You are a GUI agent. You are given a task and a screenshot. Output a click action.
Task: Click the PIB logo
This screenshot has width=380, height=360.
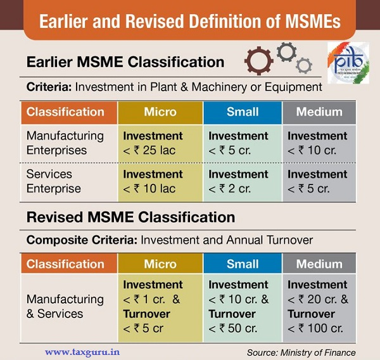coord(348,63)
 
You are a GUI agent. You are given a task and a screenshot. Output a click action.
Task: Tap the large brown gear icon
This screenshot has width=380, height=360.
coord(258,61)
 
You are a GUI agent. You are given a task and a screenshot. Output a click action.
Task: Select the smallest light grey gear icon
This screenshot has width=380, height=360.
coord(304,65)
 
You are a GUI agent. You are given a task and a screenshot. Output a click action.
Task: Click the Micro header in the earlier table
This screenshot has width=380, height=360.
coord(160,112)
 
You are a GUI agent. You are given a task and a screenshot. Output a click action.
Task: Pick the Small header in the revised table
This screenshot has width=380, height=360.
coord(243,264)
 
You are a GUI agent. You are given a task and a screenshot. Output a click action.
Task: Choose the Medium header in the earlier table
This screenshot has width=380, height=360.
coord(319,112)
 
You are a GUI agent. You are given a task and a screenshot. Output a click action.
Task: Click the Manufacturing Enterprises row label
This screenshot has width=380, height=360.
coord(65,143)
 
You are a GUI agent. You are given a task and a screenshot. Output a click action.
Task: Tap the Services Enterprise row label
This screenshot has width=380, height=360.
coord(54,181)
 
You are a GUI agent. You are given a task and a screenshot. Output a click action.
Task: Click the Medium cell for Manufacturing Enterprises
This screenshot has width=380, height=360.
coord(319,143)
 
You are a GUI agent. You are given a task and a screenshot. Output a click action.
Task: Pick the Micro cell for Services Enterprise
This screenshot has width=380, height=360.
coord(160,182)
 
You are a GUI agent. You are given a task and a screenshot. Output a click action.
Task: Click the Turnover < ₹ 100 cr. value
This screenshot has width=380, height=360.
coord(315,321)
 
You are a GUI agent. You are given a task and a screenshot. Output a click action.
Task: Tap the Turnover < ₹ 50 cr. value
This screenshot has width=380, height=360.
coord(232,321)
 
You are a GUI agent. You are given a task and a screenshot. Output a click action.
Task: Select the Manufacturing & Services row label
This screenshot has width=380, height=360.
coord(65,306)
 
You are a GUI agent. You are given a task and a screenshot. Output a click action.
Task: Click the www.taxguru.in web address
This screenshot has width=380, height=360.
coord(82,352)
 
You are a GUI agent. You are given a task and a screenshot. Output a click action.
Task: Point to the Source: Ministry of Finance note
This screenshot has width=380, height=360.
coord(301,352)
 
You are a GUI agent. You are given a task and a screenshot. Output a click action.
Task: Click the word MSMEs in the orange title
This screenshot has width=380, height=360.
coord(313,21)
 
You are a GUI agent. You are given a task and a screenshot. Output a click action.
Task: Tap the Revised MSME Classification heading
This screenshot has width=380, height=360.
coord(130,217)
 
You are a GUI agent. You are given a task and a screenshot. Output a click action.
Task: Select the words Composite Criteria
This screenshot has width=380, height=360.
coord(82,240)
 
